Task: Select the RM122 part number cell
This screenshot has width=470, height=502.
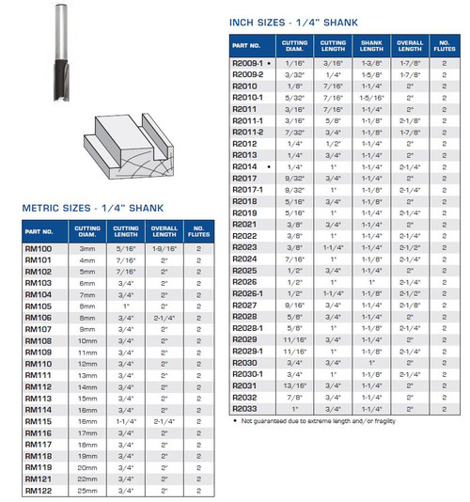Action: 38,491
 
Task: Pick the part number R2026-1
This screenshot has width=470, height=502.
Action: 249,293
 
